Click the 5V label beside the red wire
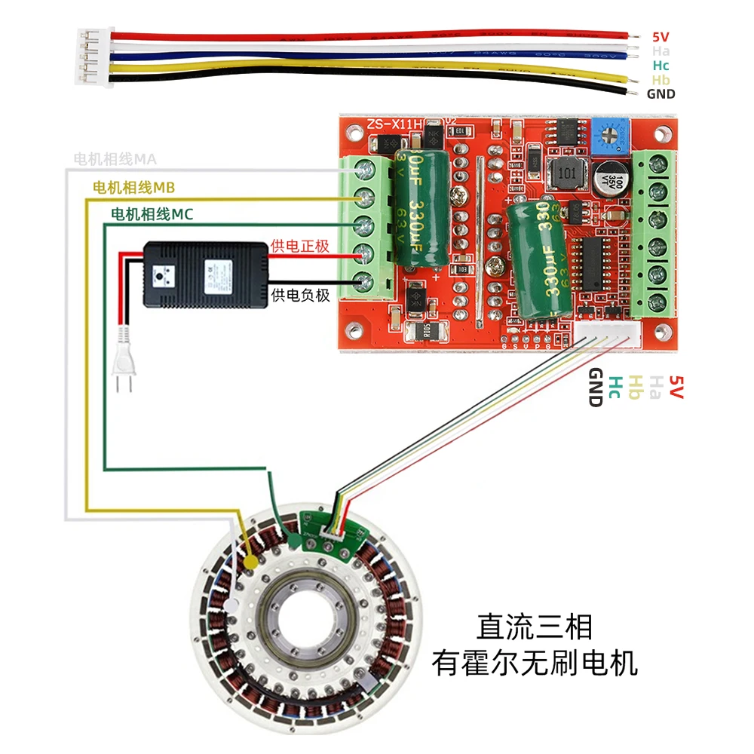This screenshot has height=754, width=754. (661, 36)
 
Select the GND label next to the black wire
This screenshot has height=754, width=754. (661, 94)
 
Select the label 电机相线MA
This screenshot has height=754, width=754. (115, 159)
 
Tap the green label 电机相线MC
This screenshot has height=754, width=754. (152, 215)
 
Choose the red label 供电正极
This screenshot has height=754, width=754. (299, 247)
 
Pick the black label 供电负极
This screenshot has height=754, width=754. (299, 295)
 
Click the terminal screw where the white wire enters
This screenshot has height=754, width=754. (367, 169)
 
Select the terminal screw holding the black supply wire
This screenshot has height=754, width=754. (367, 282)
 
